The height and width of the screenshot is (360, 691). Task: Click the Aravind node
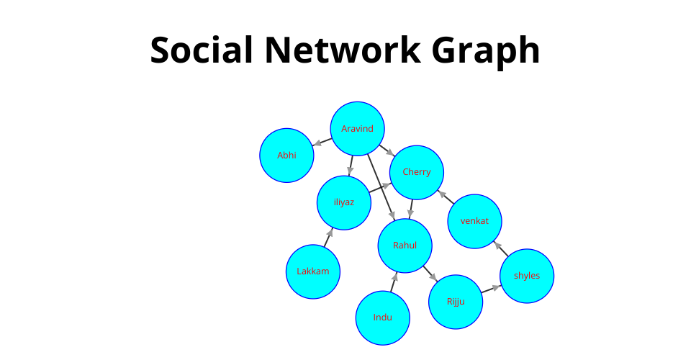tap(358, 129)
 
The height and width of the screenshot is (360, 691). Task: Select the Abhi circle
tap(286, 155)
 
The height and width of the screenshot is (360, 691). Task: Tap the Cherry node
tap(417, 172)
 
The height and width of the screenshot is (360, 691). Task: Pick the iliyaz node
tap(344, 203)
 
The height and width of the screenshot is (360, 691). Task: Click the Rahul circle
tap(405, 246)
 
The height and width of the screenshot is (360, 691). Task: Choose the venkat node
tap(474, 221)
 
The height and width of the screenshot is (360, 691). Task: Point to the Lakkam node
tap(313, 271)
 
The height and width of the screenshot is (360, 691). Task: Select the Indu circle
tap(382, 318)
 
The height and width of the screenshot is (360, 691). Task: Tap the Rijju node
tap(455, 302)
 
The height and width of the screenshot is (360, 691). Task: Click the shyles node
tap(527, 276)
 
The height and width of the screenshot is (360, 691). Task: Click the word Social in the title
tap(202, 50)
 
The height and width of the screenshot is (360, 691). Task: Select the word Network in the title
tap(343, 50)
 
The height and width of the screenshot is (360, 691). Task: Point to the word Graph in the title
tap(486, 53)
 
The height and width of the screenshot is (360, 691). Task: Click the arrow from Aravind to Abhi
tap(322, 142)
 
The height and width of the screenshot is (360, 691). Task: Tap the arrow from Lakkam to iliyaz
tap(328, 238)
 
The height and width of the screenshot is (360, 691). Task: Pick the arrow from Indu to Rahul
tap(394, 282)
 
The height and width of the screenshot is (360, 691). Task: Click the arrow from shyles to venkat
tap(501, 248)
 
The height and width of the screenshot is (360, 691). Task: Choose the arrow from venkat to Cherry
tap(446, 197)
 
